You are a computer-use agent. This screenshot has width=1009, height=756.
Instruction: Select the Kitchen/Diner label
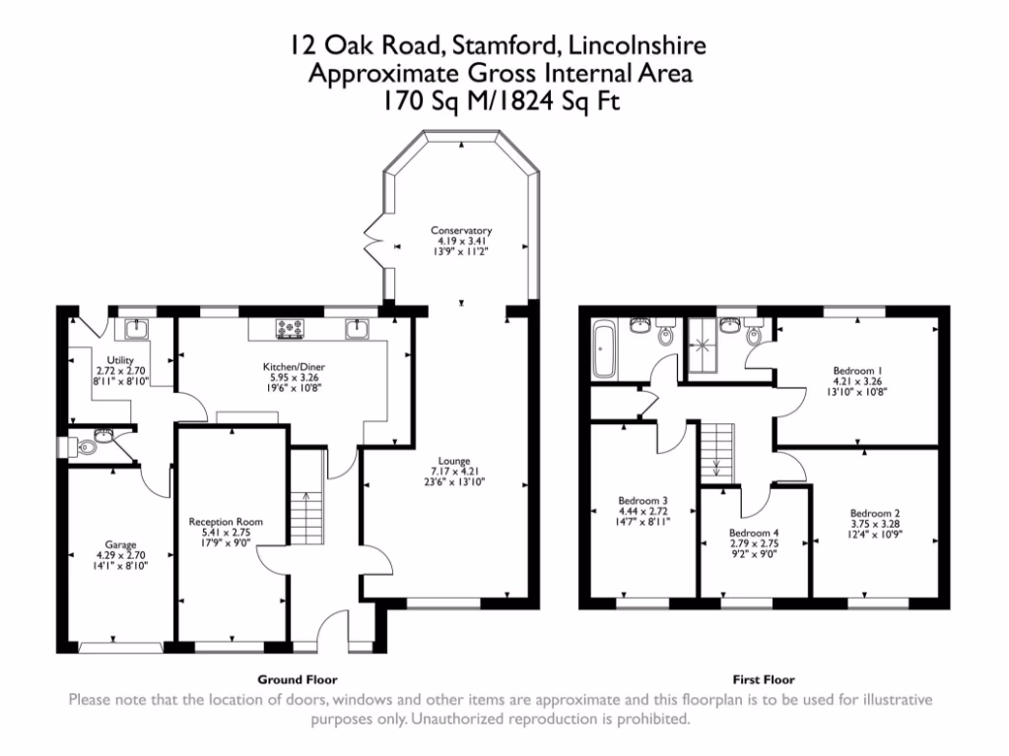coord(287,367)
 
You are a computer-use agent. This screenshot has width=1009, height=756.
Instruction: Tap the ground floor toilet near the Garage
coord(87,447)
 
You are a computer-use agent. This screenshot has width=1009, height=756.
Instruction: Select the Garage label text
coord(121,544)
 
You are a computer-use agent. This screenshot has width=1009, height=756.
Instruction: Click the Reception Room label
coord(226,522)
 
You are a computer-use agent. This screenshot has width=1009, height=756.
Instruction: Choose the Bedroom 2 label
coord(875,513)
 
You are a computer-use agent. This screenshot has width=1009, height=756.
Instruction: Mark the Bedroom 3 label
coord(643,499)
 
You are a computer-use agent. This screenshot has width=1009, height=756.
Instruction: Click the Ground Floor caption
coord(297,679)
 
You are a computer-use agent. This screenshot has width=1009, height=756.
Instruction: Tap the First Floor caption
coord(764,679)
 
